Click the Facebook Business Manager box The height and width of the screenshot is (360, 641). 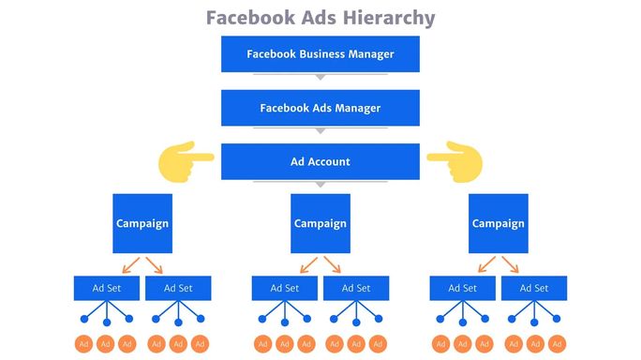click(x=320, y=53)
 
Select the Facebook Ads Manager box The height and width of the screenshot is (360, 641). click(x=320, y=108)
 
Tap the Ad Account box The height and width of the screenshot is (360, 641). click(x=320, y=161)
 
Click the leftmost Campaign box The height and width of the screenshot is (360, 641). click(x=142, y=223)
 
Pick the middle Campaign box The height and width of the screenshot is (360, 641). click(x=320, y=223)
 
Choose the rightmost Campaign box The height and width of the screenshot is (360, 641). click(x=498, y=223)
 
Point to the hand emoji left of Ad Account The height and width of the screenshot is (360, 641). click(x=186, y=160)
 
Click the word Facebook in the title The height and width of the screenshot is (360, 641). click(x=248, y=18)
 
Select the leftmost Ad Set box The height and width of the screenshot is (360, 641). click(x=106, y=288)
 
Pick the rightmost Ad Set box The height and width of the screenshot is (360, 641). click(x=533, y=288)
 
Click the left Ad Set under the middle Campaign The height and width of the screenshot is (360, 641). click(x=284, y=288)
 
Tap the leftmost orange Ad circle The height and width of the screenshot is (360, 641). click(x=83, y=343)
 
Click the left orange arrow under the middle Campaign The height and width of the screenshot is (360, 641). click(x=306, y=263)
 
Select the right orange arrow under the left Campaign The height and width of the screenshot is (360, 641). click(x=155, y=263)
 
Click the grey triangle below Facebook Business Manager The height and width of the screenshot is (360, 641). click(x=320, y=77)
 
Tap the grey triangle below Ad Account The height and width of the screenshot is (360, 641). click(x=320, y=185)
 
